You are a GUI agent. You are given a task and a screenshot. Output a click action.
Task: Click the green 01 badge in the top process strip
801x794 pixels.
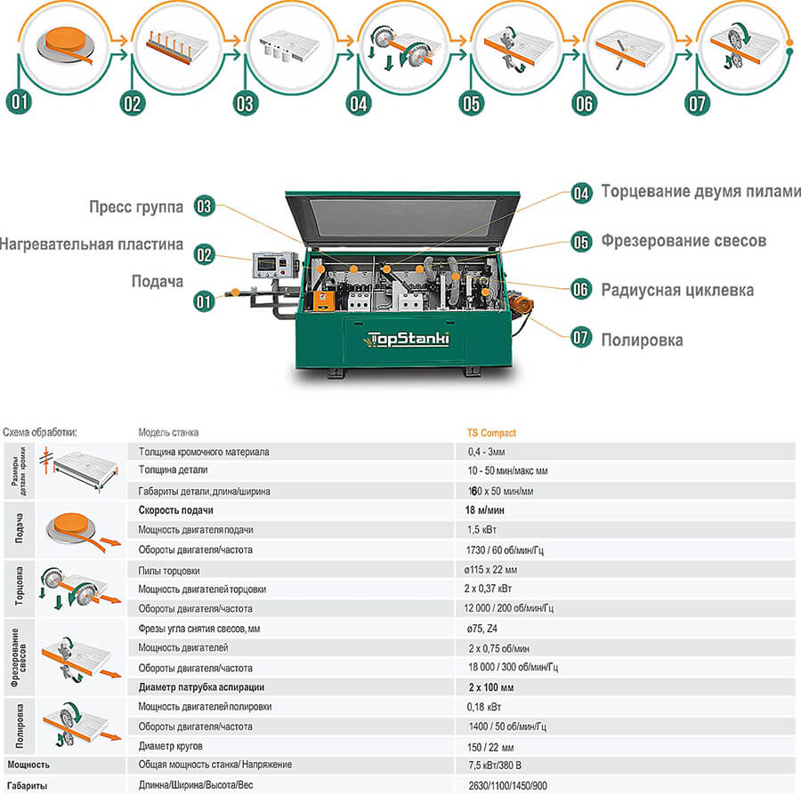click(19, 101)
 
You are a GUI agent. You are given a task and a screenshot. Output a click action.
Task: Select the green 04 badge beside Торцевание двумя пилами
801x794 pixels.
click(581, 193)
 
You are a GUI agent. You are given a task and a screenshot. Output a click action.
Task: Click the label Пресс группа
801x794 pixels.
click(136, 207)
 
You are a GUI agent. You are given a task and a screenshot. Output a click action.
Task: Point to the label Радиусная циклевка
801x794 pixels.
click(677, 290)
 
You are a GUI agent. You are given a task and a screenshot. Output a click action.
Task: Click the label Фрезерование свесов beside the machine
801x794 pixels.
click(683, 241)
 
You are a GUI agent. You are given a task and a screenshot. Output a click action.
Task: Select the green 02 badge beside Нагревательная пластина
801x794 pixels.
click(205, 253)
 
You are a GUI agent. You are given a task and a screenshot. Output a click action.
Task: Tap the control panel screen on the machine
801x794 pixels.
click(271, 263)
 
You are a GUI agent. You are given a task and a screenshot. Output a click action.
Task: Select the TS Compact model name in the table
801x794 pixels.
click(491, 433)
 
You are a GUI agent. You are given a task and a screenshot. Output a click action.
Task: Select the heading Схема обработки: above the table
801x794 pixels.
click(40, 432)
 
